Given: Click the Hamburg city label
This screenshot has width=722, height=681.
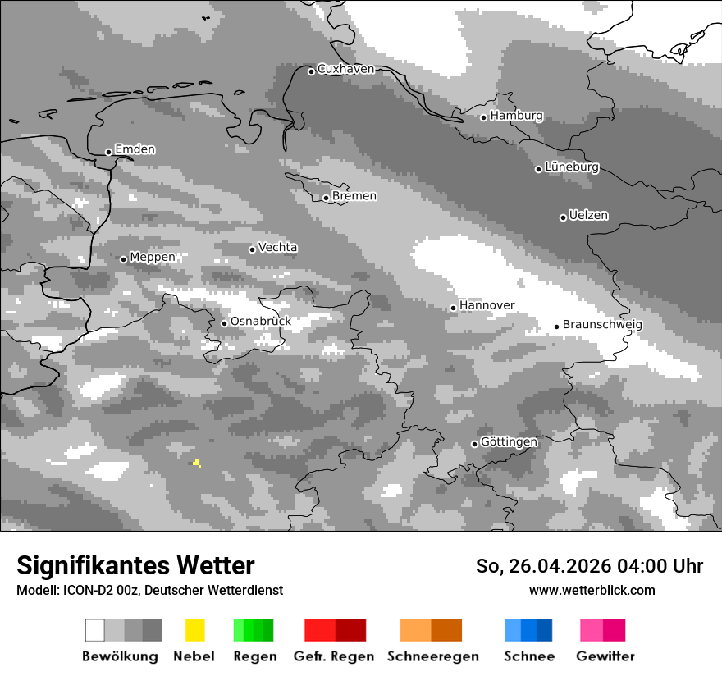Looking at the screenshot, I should [516, 116].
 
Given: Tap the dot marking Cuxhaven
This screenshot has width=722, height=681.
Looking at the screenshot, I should [312, 71].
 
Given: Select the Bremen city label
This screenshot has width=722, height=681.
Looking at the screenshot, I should [354, 196].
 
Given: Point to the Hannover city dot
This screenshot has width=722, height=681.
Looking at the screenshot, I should [453, 308].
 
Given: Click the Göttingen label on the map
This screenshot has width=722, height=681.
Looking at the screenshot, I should [509, 442].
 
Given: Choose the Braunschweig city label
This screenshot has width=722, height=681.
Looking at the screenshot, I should [602, 324].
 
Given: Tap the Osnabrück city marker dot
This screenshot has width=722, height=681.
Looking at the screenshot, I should [224, 323].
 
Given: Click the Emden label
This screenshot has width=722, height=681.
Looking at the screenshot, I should [135, 149].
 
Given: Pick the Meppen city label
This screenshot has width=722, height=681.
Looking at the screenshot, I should [153, 257].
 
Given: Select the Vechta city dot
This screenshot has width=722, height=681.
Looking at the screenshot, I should [253, 249].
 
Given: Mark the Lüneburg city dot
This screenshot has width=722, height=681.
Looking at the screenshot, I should [539, 169].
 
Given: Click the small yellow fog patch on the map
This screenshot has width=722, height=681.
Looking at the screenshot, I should [197, 464].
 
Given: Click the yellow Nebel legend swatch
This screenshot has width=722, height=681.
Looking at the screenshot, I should [194, 630].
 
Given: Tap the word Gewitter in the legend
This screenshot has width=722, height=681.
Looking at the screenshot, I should [605, 656].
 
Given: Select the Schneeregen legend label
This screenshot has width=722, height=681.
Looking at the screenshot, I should [432, 656].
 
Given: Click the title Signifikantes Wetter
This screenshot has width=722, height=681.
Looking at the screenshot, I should [135, 565].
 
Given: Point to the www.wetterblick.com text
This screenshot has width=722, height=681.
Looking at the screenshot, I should [592, 590].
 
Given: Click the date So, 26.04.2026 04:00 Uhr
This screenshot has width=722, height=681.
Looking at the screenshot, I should [589, 566].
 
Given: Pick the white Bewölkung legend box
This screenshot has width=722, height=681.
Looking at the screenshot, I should [95, 630].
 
